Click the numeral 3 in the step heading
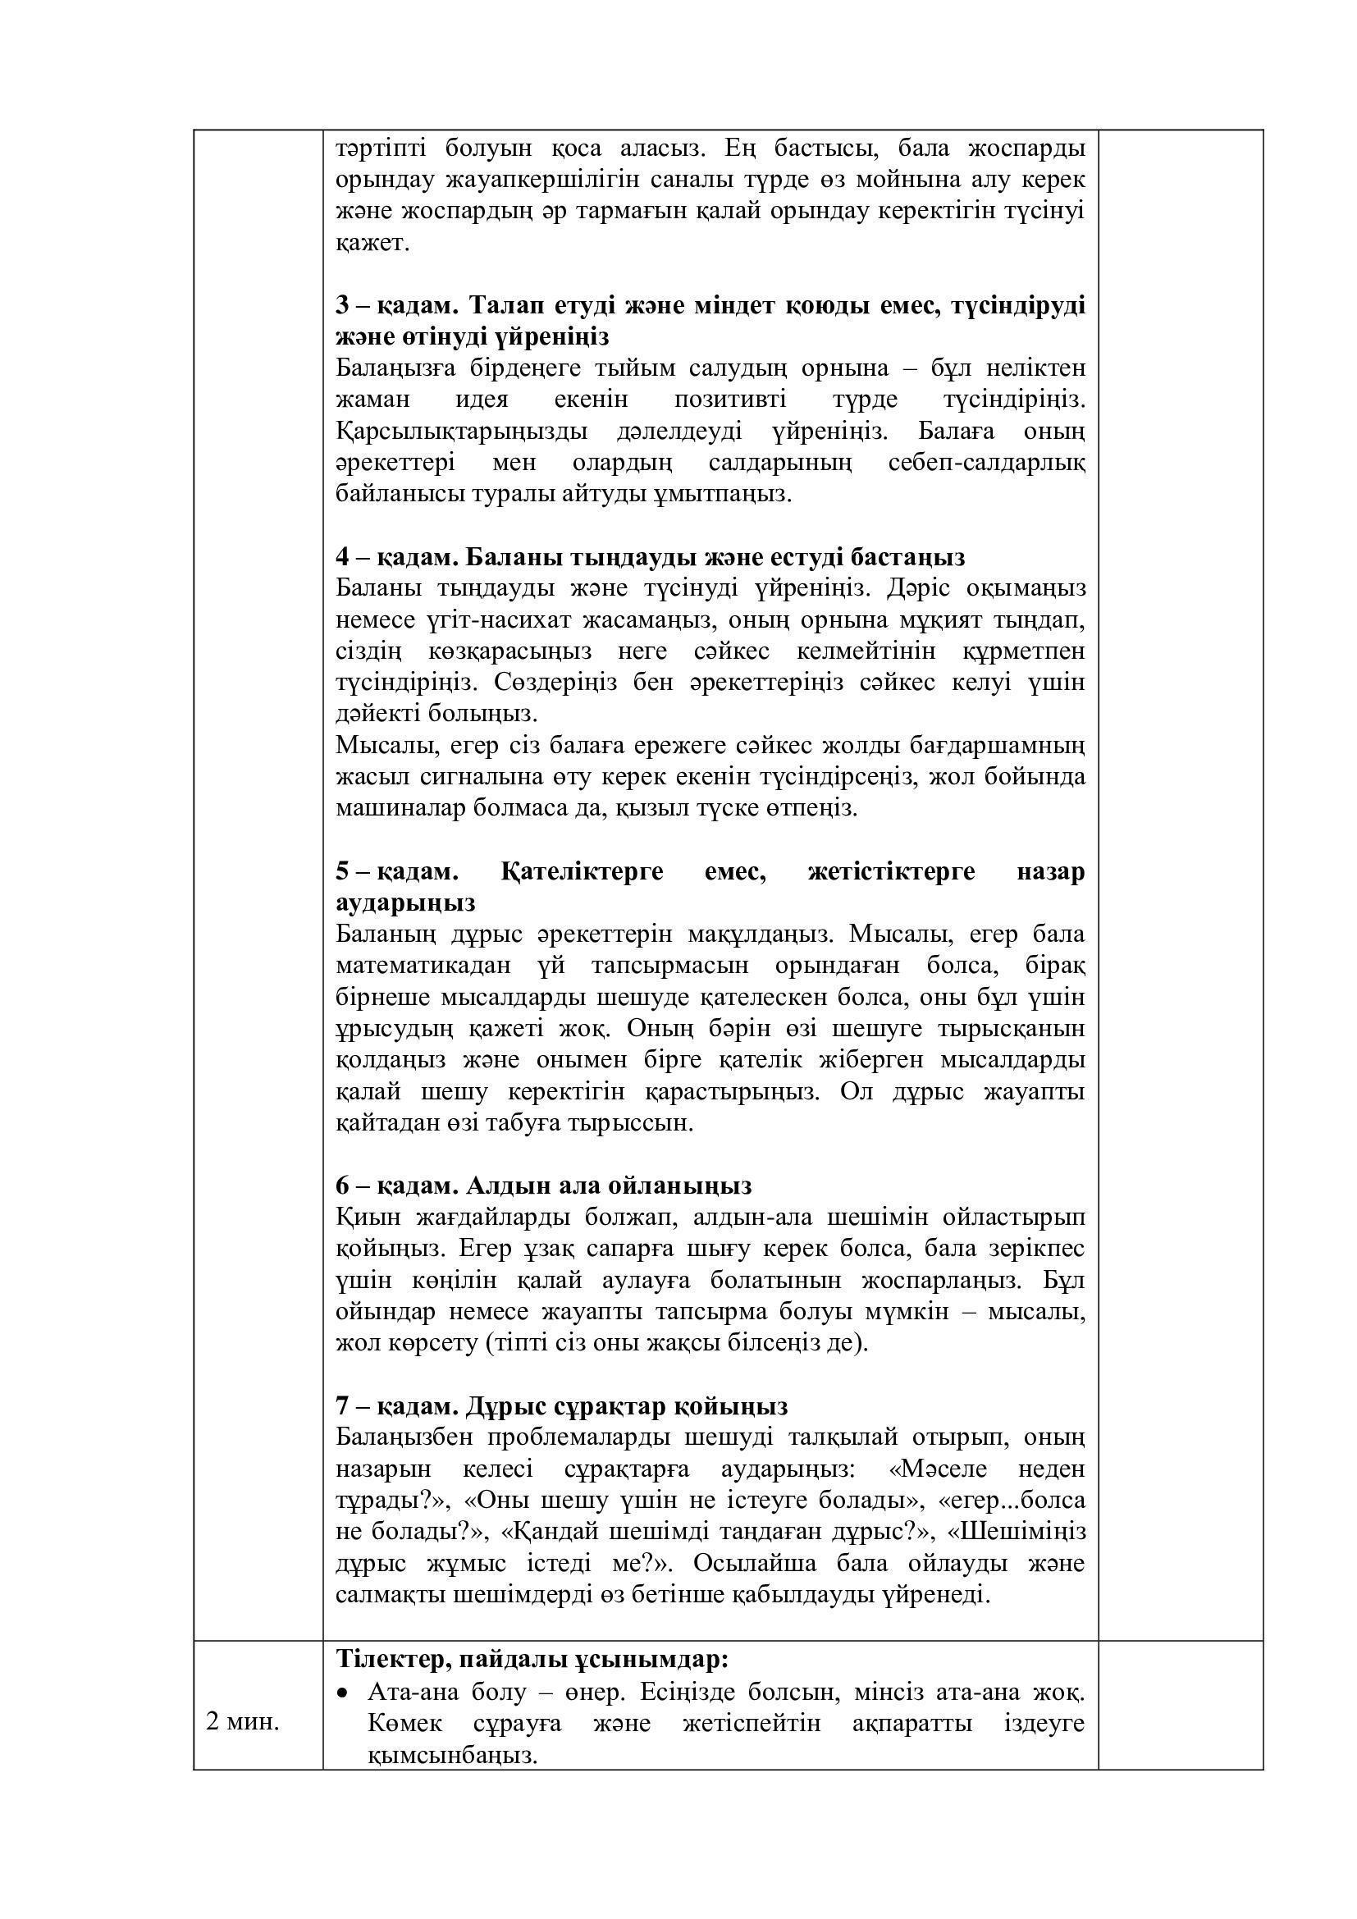pos(342,305)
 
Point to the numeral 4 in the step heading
pos(343,556)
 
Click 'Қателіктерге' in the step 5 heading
pos(583,872)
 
